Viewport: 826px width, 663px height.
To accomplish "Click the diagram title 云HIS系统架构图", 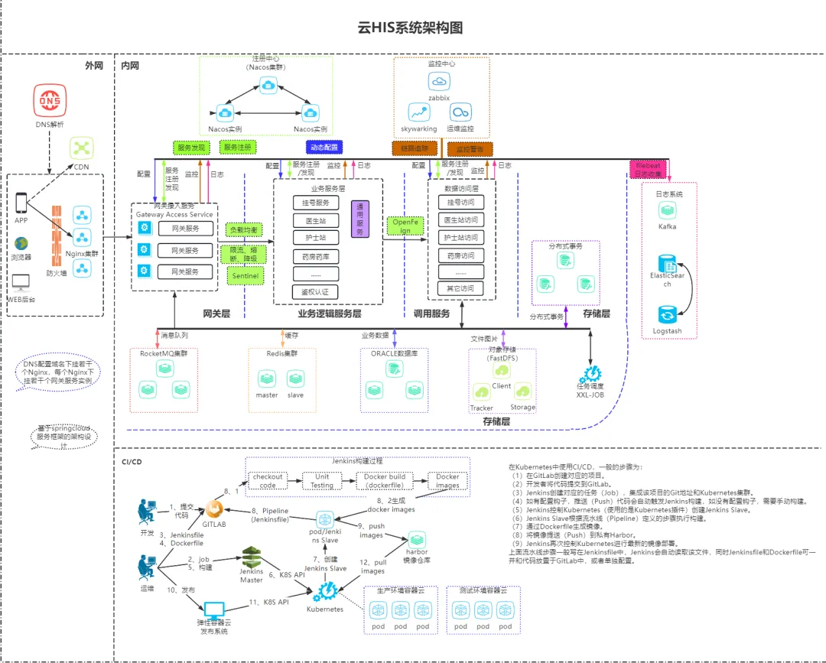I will coord(411,28).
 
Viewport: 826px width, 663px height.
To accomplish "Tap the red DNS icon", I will coord(50,102).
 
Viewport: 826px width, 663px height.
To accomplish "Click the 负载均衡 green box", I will coord(245,229).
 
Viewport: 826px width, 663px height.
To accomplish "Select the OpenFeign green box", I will coord(406,226).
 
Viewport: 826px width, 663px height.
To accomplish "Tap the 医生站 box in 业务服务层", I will coord(316,220).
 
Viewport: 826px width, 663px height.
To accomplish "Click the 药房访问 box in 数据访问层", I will coord(460,255).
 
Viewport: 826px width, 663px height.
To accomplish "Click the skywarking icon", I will coord(418,112).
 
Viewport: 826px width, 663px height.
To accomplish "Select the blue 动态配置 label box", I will coord(324,147).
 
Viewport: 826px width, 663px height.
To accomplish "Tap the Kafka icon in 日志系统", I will coord(668,210).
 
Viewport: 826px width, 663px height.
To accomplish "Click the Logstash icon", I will coord(667,315).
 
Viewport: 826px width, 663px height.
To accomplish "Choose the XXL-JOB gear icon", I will coord(590,374).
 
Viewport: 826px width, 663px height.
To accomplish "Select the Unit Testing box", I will coord(322,480).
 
